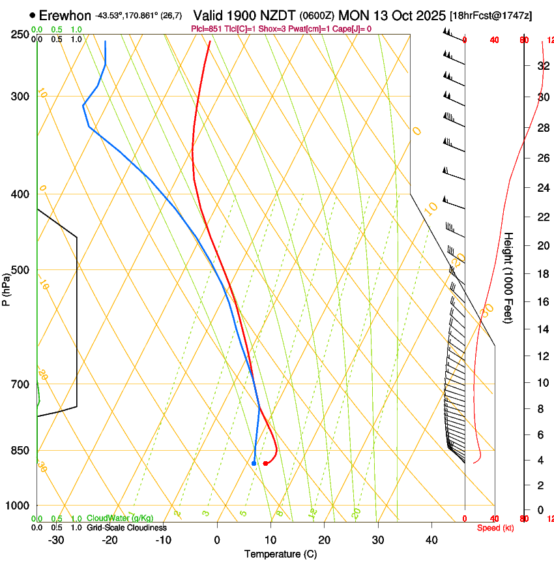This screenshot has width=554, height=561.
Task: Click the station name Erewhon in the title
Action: pyautogui.click(x=65, y=15)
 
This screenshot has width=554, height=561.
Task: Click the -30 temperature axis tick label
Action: pyautogui.click(x=56, y=539)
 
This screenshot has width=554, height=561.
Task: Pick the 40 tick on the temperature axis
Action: pyautogui.click(x=431, y=539)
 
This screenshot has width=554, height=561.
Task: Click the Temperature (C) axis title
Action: pyautogui.click(x=280, y=554)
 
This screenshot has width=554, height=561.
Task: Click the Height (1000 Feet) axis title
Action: pyautogui.click(x=508, y=277)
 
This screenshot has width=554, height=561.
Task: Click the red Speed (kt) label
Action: pyautogui.click(x=495, y=528)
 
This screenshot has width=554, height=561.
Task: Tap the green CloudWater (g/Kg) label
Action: pyautogui.click(x=120, y=519)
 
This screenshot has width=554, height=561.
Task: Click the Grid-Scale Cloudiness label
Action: pyautogui.click(x=126, y=528)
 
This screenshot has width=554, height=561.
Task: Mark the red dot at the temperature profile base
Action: pyautogui.click(x=265, y=463)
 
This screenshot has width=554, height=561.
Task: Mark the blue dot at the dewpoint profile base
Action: pyautogui.click(x=254, y=463)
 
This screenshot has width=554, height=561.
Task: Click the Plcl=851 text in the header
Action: pyautogui.click(x=207, y=29)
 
